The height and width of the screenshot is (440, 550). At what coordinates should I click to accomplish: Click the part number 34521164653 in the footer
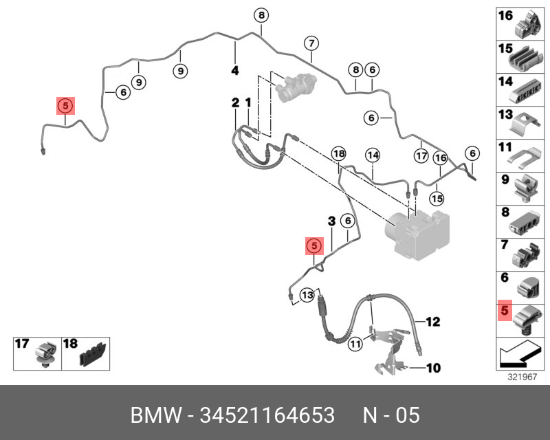point(267,416)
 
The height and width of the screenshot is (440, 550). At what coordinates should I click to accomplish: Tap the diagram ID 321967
point(522,377)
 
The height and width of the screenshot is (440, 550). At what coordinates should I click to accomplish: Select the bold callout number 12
point(432,321)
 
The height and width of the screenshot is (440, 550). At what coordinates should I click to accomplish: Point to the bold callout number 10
point(432,368)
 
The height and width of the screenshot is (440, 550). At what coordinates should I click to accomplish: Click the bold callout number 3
point(331,221)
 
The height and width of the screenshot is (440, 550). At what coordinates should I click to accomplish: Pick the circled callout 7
point(311,43)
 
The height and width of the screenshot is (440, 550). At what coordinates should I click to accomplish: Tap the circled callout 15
point(437,198)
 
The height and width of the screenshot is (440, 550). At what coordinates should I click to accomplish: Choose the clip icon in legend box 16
point(529,23)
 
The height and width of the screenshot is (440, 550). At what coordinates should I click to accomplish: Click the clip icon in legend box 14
point(529,89)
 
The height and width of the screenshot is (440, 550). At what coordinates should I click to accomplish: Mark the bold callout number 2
point(235,102)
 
